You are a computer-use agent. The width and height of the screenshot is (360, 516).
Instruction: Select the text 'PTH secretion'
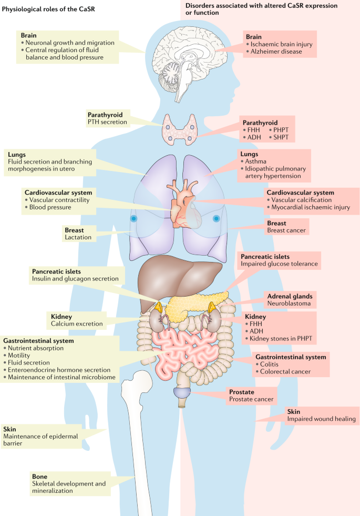tap(107, 122)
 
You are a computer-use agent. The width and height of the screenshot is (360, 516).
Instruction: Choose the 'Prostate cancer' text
tap(251, 399)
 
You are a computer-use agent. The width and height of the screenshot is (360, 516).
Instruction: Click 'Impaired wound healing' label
tap(322, 419)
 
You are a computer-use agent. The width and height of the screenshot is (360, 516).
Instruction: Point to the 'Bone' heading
tap(40, 477)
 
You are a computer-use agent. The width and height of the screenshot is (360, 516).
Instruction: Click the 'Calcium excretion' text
tap(77, 323)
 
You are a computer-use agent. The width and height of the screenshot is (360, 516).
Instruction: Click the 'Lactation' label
tap(78, 237)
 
